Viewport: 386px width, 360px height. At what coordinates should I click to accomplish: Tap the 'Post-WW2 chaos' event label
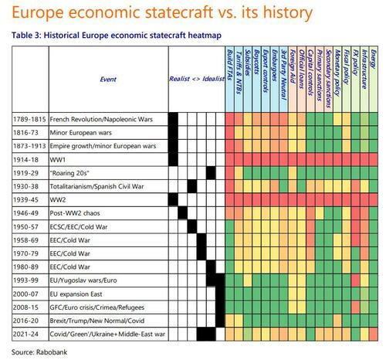pos(75,213)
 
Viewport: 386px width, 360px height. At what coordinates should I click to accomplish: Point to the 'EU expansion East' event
pos(76,294)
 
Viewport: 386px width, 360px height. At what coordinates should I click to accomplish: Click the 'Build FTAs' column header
pos(230,65)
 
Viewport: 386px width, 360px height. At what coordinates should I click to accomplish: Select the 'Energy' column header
pos(374,59)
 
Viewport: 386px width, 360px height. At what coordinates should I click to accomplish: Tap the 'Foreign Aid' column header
pos(293,66)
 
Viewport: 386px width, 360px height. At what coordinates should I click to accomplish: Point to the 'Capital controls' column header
pos(310,73)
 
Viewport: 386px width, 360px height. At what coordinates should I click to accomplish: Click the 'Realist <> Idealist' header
pos(197,79)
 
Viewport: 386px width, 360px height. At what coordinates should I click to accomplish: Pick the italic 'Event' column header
pos(108,79)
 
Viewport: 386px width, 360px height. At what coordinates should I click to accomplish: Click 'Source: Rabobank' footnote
pos(39,352)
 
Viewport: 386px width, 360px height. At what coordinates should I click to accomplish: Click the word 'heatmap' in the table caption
pos(205,35)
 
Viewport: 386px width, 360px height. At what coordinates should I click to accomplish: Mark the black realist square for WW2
pos(173,200)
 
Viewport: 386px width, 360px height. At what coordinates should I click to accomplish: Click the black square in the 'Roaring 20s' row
pos(211,173)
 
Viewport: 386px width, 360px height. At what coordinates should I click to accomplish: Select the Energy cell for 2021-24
pos(374,335)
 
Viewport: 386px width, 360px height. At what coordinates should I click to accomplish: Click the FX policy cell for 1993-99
pos(355,280)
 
